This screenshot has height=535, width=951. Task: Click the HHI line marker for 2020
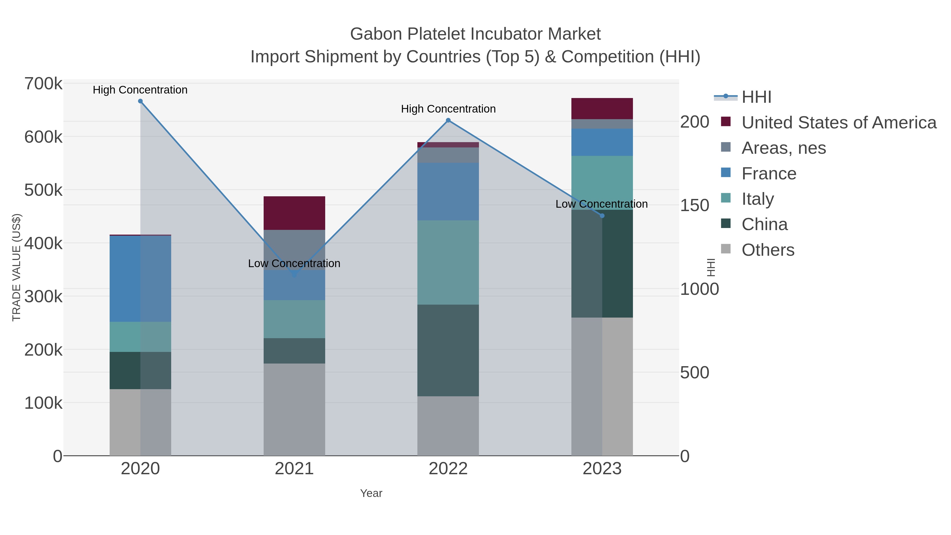tap(140, 101)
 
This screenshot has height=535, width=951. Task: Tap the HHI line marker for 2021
tap(294, 275)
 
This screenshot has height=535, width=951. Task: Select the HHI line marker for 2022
tap(448, 120)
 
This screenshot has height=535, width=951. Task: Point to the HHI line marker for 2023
tap(602, 216)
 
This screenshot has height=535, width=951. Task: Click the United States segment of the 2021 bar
tap(294, 213)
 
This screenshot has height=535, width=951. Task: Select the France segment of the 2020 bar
tap(140, 278)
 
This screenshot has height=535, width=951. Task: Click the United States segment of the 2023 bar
tap(602, 109)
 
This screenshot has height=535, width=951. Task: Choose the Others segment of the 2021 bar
tap(294, 410)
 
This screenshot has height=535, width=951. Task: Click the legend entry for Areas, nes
tap(784, 148)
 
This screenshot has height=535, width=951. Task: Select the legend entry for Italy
tap(758, 199)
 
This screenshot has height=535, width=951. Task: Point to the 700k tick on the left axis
tap(44, 84)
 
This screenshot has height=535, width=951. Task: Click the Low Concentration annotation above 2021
tap(294, 264)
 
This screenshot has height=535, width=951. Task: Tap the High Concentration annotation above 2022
tap(448, 109)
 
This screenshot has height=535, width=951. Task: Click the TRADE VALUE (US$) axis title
tap(17, 267)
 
